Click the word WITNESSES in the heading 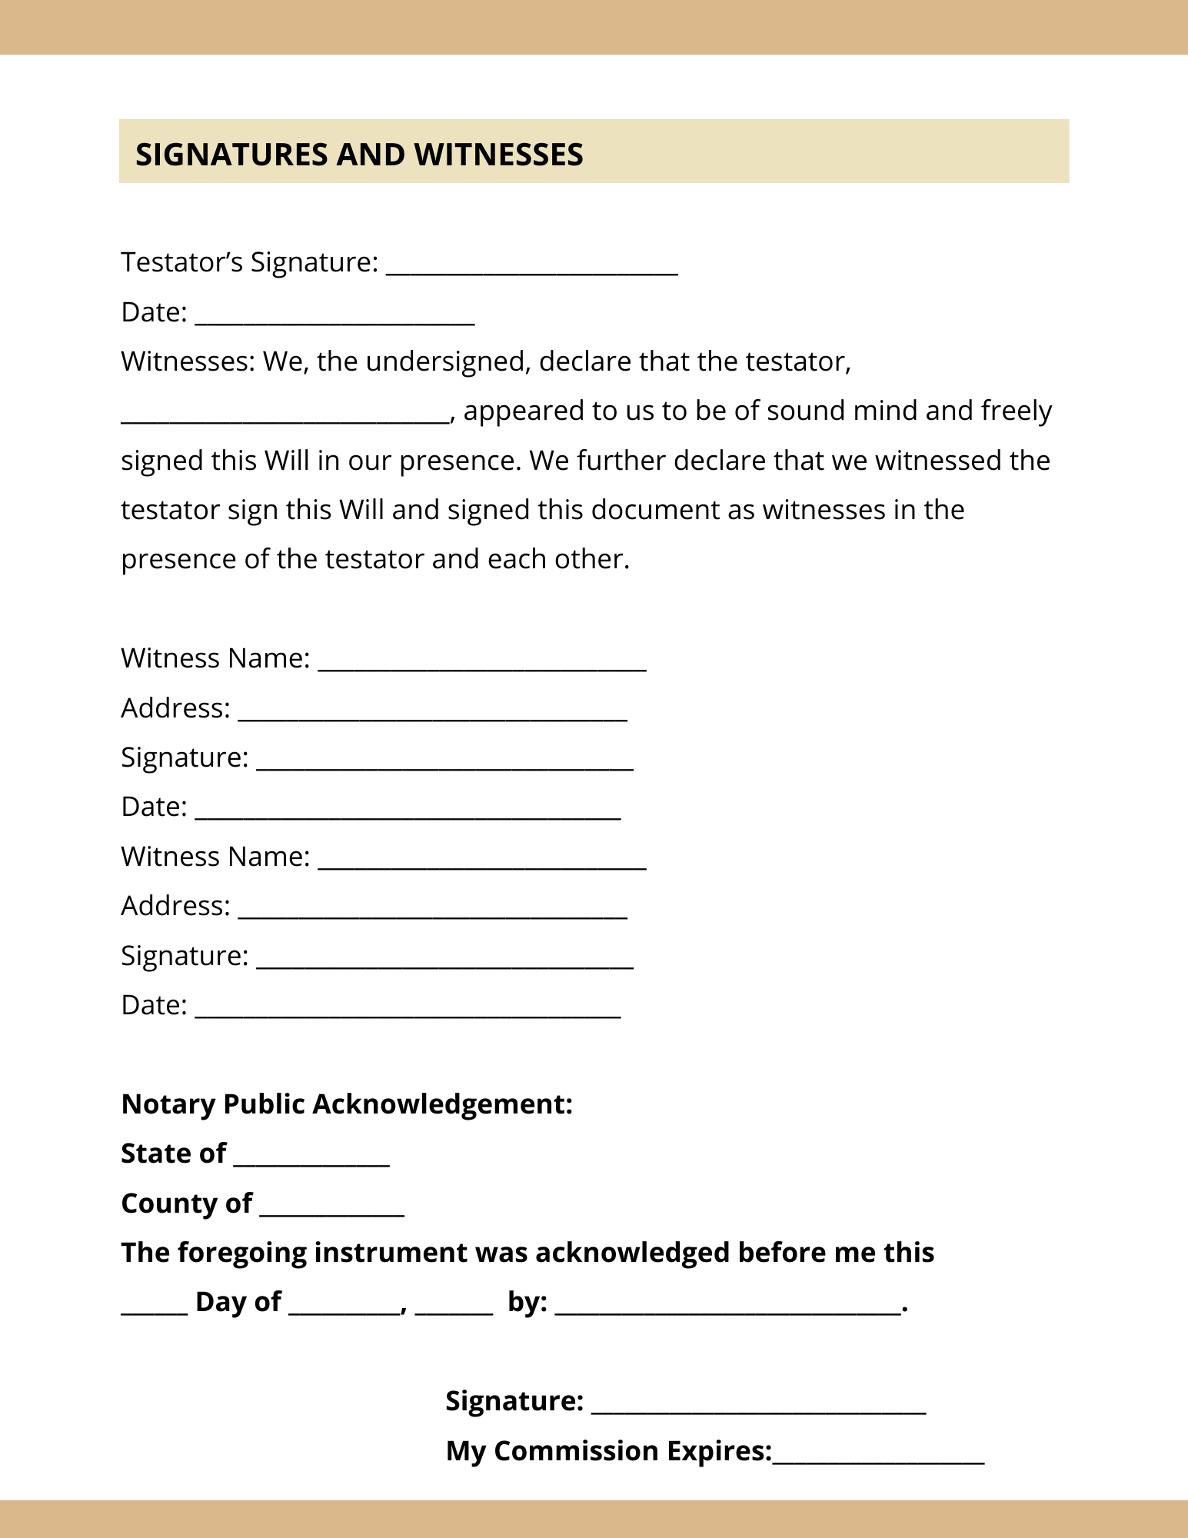pyautogui.click(x=498, y=155)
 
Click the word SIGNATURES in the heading pyautogui.click(x=231, y=155)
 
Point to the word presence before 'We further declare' pyautogui.click(x=453, y=461)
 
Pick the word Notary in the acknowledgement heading pyautogui.click(x=168, y=1104)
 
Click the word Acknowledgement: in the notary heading pyautogui.click(x=442, y=1104)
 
